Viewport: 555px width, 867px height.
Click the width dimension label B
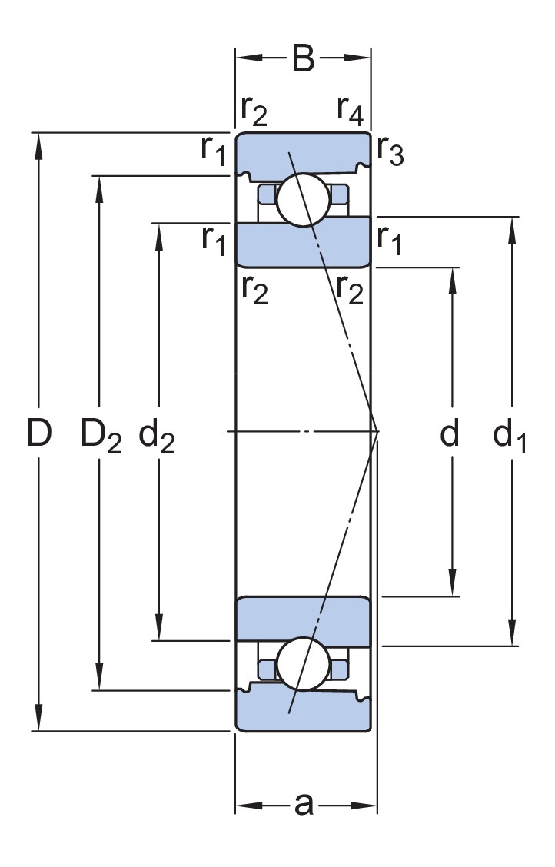pos(303,58)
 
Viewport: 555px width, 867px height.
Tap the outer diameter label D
pos(39,433)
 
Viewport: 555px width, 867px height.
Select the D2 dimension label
pos(101,435)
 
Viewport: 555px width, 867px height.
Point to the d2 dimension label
pos(157,435)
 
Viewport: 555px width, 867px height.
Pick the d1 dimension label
pos(510,435)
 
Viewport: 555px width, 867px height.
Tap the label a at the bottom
pos(304,804)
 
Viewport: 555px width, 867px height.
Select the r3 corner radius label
pos(390,150)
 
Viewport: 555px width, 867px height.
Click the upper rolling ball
pos(304,200)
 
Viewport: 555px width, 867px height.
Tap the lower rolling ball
pos(304,664)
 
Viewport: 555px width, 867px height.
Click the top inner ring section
pos(303,244)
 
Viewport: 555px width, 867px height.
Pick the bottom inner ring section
pos(303,621)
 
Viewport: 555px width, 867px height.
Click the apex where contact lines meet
pos(378,430)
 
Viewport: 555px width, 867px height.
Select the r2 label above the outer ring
pos(254,110)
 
